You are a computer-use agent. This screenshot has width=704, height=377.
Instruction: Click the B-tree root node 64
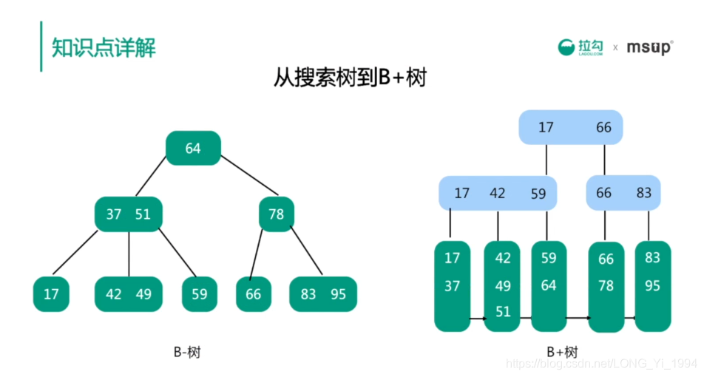coord(193,149)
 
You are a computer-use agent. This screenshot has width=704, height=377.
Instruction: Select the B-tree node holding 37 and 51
coord(128,214)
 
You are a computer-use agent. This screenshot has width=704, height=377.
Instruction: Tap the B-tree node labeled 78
coord(276,214)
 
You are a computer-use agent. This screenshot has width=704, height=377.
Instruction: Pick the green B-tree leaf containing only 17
coord(51,294)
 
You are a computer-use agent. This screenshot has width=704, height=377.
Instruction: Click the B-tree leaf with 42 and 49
coord(128,294)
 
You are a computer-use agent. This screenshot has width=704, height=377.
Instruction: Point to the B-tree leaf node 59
coord(200,294)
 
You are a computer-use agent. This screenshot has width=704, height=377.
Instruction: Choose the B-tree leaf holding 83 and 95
coord(323,294)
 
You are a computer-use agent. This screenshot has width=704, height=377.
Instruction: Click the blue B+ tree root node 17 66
coord(571,127)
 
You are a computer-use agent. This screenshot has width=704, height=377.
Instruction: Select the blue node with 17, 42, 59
coord(498,194)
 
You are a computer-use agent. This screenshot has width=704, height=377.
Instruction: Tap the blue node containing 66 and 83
coord(623,193)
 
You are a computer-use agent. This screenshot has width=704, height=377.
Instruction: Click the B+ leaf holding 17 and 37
coord(452,285)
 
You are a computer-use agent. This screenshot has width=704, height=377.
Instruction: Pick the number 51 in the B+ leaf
coord(503,312)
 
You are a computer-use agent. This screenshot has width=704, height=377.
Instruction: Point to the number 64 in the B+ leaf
coord(549,285)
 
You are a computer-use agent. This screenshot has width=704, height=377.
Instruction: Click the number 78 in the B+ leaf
coord(606,286)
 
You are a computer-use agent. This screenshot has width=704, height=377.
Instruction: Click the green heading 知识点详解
coord(104,47)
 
